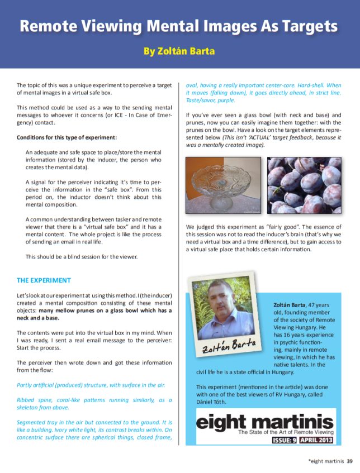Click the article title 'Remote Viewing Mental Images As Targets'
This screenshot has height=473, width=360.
coord(179,26)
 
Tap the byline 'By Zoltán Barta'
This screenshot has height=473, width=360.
coord(179,51)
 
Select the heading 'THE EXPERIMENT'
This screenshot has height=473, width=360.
coord(44,280)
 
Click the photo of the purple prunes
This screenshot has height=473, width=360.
coord(304,185)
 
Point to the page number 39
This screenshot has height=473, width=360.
coord(349,461)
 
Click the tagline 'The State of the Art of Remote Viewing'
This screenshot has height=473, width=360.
coord(286,432)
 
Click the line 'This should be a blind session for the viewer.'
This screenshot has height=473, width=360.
coord(81,257)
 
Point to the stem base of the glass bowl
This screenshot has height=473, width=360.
coord(222,206)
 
